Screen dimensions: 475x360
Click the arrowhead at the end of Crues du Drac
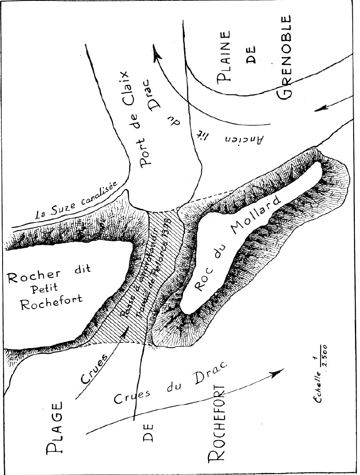[x=279, y=371]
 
